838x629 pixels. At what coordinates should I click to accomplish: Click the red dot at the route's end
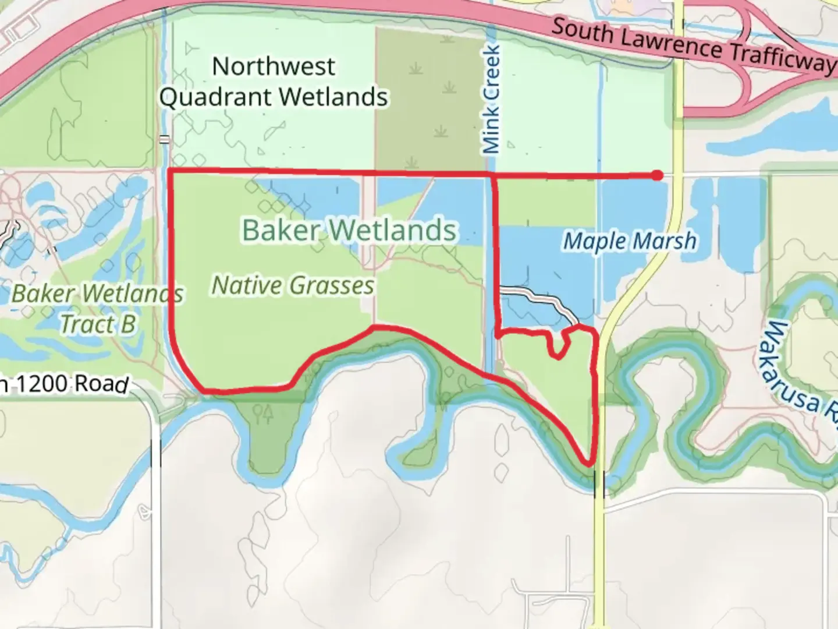[656, 175]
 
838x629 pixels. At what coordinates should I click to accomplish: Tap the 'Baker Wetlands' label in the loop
[349, 229]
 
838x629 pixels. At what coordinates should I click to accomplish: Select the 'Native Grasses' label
[293, 285]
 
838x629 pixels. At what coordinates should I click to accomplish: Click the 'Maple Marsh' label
[630, 241]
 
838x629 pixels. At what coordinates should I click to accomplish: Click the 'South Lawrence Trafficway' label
[693, 47]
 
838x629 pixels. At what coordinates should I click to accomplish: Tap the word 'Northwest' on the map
[274, 66]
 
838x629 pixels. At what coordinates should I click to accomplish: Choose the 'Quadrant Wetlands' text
[274, 97]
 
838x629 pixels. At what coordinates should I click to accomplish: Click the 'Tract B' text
[98, 324]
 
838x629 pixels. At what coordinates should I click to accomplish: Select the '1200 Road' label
[70, 384]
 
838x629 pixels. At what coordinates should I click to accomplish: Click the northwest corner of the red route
[169, 171]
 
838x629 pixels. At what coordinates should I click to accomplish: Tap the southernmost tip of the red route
[590, 464]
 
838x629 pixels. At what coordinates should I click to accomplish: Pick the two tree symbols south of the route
[262, 412]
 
